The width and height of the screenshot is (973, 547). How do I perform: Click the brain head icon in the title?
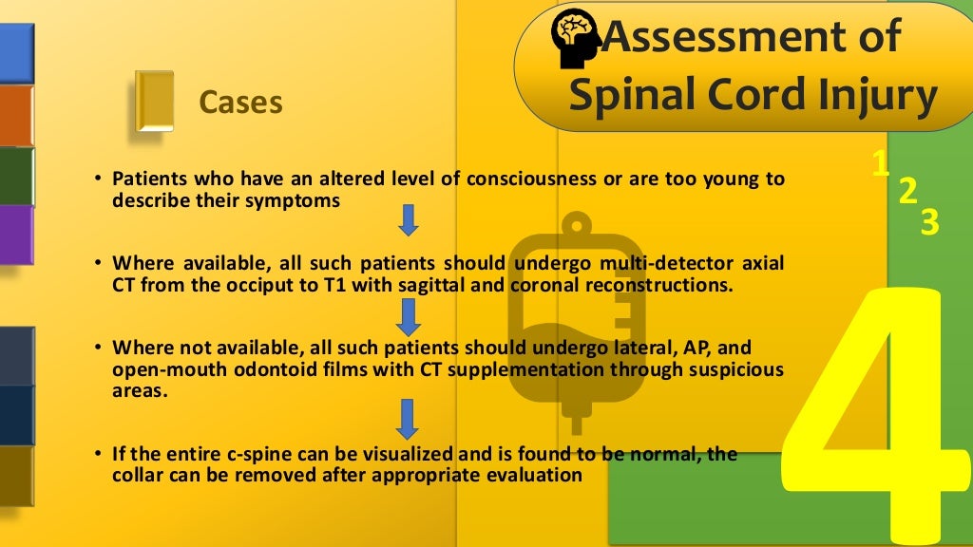coord(575,41)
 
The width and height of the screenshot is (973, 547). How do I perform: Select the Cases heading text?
coord(240,102)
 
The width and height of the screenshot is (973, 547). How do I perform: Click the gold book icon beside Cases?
coord(154,101)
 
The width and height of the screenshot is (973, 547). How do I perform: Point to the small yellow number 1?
coord(881,164)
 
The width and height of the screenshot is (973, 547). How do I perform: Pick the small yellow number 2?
coord(907,191)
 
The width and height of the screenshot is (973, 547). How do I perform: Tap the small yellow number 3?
coord(929,222)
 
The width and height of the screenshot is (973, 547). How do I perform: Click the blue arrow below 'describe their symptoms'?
coord(409,220)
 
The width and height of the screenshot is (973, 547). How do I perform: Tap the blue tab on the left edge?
coord(16,52)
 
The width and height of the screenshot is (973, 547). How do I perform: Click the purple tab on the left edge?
coord(16,234)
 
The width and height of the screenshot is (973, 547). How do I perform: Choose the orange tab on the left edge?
coord(16,115)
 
